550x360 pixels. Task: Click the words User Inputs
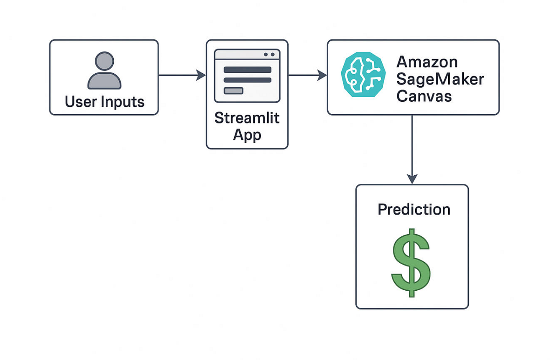pos(104,101)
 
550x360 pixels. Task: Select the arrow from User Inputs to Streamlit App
pos(181,75)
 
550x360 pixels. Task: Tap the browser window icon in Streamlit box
pos(247,75)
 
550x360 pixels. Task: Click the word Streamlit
pos(247,118)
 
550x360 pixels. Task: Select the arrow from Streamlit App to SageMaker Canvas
pos(307,75)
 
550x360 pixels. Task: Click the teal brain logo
pos(362,74)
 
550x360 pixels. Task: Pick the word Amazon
pos(427,62)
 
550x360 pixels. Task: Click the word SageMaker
pos(440,79)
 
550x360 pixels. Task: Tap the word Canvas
pos(424,96)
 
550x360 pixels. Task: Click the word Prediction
pos(414,210)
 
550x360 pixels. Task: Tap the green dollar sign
pos(411,262)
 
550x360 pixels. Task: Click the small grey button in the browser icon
pos(233,90)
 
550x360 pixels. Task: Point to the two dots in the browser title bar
pos(269,55)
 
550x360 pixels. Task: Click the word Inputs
pos(123,101)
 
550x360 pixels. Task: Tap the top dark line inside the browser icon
pos(247,70)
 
